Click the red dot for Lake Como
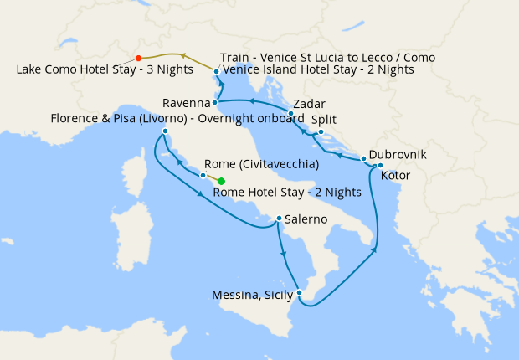tap(138, 59)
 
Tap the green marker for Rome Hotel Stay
tap(222, 181)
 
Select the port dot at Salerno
tap(279, 219)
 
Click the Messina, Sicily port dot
tap(299, 292)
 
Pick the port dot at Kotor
tap(380, 165)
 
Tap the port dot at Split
tap(321, 131)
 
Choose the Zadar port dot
tap(290, 113)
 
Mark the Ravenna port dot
tap(215, 103)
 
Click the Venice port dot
tap(216, 72)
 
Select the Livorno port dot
tap(165, 131)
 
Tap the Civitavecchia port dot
tap(203, 176)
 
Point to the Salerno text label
tap(311, 220)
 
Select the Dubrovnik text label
tap(398, 156)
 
